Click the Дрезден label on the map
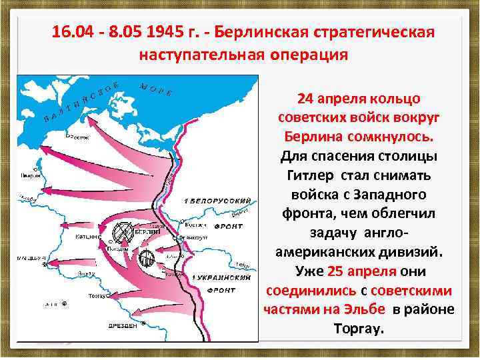tap(125, 326)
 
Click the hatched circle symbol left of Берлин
tap(123, 232)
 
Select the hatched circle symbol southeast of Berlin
tap(147, 259)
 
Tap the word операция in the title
tap(311, 54)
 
